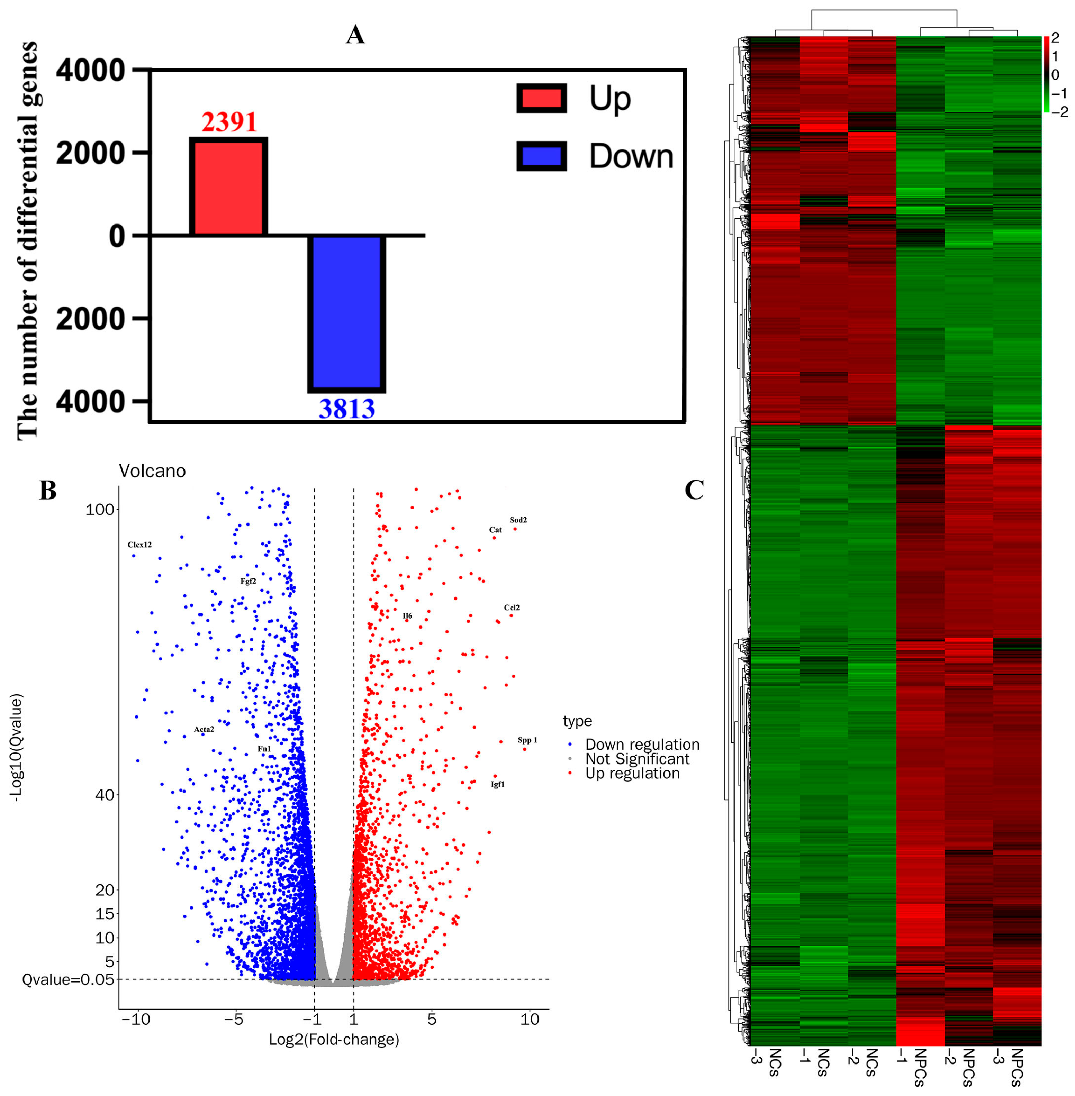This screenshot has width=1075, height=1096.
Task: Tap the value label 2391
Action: [229, 122]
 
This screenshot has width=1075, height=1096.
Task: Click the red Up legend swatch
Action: [541, 98]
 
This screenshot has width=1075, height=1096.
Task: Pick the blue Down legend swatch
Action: [541, 156]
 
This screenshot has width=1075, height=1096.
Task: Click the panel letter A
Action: [355, 35]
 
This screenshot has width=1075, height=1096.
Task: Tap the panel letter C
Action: [694, 490]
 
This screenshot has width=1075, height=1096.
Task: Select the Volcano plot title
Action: [152, 471]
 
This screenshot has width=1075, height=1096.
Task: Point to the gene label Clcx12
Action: [139, 545]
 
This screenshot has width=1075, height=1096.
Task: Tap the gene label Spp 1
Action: [527, 740]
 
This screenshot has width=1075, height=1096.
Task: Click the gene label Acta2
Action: [204, 729]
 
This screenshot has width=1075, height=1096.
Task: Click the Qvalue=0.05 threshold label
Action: [68, 979]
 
